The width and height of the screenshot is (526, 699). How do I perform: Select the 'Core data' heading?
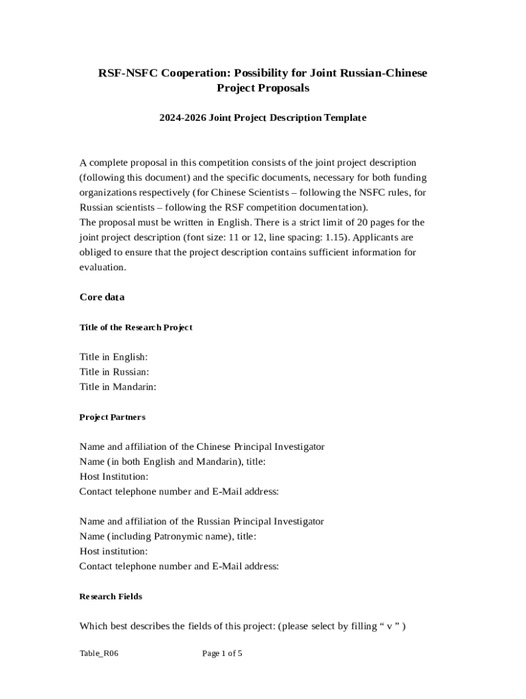(x=102, y=298)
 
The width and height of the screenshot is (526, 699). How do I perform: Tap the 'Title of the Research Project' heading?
(x=136, y=328)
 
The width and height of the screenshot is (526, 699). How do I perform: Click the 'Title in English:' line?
(x=113, y=357)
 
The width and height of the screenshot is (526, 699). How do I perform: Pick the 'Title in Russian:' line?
(x=114, y=372)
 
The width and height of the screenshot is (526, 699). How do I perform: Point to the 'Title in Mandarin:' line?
(x=117, y=387)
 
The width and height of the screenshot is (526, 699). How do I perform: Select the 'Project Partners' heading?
(x=112, y=417)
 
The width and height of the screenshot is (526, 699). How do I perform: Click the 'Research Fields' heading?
(x=111, y=597)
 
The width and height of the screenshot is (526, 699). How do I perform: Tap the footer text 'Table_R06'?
(x=94, y=654)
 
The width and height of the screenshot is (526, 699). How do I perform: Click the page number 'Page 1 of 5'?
(x=222, y=654)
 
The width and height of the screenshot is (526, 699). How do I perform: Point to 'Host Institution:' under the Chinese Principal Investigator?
(x=113, y=476)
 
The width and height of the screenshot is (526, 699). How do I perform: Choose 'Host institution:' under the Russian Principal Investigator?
(x=113, y=551)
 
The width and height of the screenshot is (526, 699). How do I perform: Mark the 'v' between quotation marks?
(x=389, y=626)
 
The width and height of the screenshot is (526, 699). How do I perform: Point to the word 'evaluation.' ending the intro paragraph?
(x=102, y=268)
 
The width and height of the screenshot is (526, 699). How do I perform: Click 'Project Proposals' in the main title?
(x=263, y=88)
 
